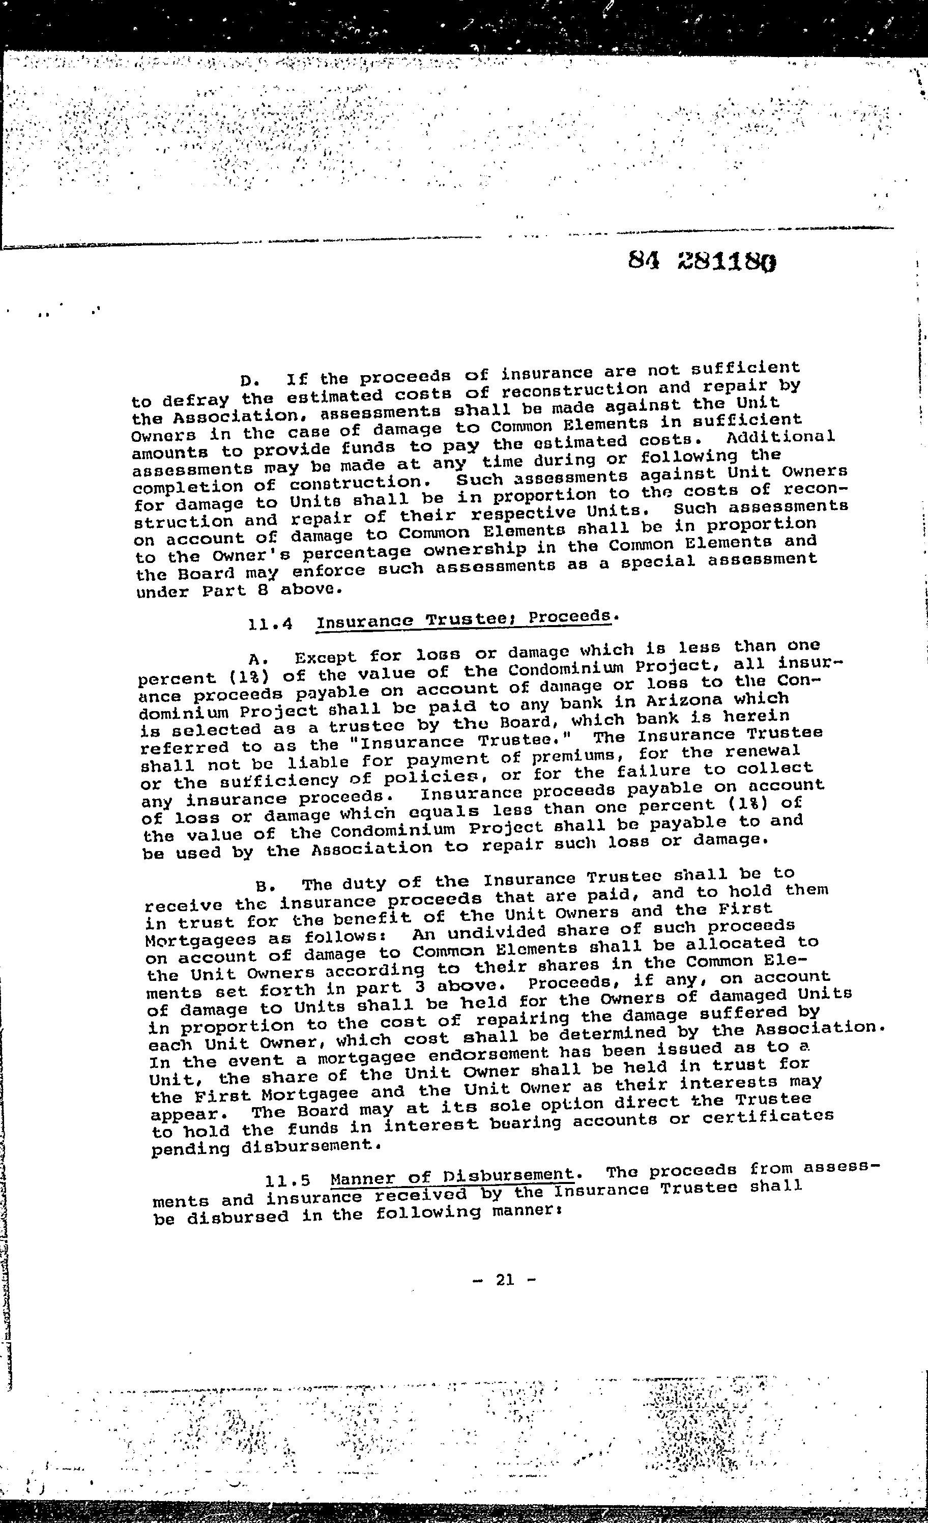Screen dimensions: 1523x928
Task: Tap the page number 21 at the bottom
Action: click(504, 1280)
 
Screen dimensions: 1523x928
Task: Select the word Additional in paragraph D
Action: click(780, 437)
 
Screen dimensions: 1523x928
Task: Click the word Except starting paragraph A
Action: click(325, 658)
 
